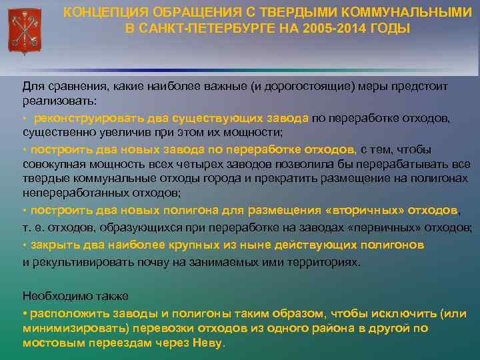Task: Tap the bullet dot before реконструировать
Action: point(25,119)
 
